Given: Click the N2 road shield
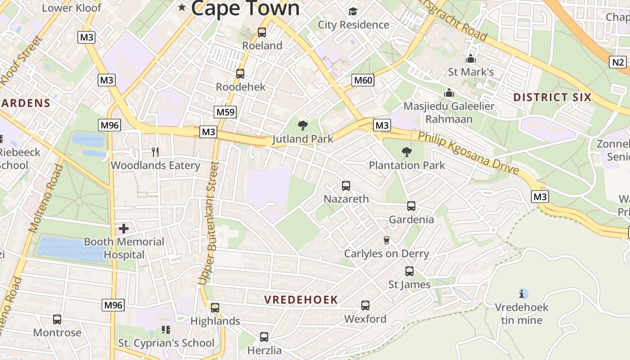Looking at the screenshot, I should [618, 62].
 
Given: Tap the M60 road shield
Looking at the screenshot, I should [363, 81].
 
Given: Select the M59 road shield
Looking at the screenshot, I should [225, 112].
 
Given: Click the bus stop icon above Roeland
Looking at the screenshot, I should [262, 32].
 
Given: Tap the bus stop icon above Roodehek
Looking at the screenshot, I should [240, 74].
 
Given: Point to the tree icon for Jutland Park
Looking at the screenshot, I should [303, 126].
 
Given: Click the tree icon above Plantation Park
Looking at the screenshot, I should [407, 152].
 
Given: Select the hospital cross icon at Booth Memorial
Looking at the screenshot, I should [124, 229].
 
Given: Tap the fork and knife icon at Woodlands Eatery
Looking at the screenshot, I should [155, 152].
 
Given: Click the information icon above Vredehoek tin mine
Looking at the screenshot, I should [522, 294].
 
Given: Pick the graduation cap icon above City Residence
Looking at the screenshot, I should [353, 11].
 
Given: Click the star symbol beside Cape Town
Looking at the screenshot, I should [182, 7].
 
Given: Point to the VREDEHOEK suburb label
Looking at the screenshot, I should [301, 300].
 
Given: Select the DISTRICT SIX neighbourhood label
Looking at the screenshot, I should [552, 97].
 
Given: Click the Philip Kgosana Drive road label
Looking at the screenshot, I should [468, 153].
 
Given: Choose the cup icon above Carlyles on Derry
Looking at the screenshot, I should [386, 240].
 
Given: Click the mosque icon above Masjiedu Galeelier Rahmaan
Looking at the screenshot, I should [449, 93].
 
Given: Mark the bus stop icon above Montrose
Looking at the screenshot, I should [57, 319].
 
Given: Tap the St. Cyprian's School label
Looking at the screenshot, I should [166, 343].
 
